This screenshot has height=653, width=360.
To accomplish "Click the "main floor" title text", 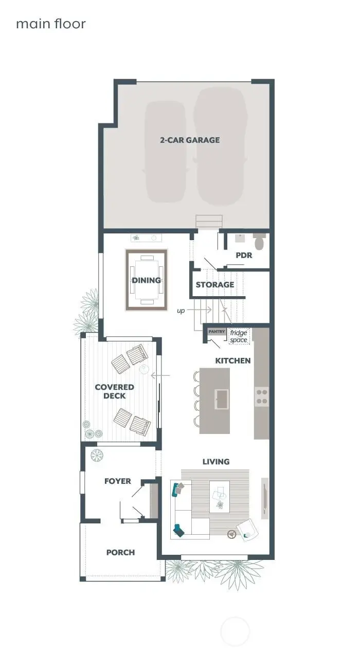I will [50, 24].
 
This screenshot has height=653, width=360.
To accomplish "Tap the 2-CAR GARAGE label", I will [189, 140].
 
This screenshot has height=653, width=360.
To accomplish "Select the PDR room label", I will [243, 255].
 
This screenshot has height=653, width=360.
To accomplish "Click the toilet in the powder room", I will [259, 242].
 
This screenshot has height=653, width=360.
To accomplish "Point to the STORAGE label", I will [214, 284].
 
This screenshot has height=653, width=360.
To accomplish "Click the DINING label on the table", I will [147, 280].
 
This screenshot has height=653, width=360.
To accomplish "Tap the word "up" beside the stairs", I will [181, 311].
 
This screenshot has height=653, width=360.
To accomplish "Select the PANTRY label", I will [217, 332].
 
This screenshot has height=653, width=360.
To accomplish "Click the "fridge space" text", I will [238, 336].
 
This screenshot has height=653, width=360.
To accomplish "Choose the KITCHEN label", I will [232, 360].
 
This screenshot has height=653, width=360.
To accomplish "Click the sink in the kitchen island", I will [223, 397].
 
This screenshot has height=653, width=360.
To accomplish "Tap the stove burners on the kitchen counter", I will [262, 397].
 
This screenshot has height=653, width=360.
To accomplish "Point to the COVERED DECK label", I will [114, 391].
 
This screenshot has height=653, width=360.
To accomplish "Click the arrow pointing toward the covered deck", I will [160, 376].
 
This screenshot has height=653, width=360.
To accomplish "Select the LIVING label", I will [215, 462].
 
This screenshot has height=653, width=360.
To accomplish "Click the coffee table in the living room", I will [220, 496].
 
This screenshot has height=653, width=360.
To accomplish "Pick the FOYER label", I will [117, 481].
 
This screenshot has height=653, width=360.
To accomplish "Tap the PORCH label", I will [120, 552].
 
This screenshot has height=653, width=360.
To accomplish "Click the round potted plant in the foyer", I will [97, 455].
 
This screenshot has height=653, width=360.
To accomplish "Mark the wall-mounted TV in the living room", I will [264, 495].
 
